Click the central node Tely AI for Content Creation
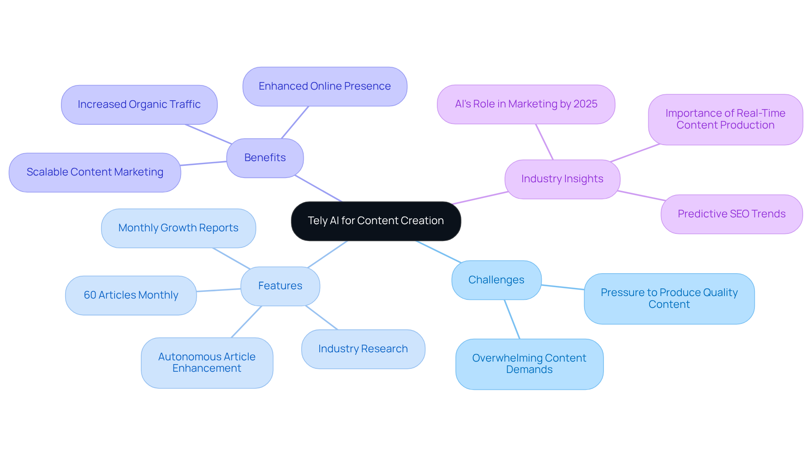(376, 221)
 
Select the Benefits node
(265, 158)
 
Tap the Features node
(280, 286)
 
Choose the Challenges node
(496, 280)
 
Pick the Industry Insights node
(562, 179)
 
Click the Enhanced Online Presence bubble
(324, 86)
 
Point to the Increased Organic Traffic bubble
(139, 104)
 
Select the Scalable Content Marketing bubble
(95, 172)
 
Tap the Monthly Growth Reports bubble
(178, 228)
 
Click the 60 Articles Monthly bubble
(131, 295)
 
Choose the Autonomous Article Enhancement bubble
(207, 362)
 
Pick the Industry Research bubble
(363, 349)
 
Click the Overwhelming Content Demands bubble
(529, 364)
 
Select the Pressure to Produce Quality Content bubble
(669, 299)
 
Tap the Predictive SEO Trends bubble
(731, 214)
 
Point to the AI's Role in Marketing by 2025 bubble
(526, 104)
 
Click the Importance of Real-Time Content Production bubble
(725, 119)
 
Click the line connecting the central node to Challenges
(438, 252)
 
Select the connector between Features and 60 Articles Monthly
(219, 290)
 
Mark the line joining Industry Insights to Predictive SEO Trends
(642, 196)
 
